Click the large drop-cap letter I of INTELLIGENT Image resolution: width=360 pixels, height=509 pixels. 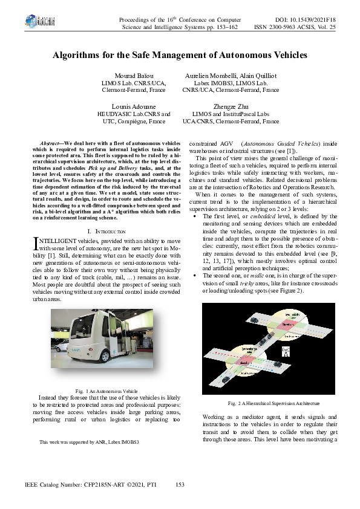pyautogui.click(x=34, y=243)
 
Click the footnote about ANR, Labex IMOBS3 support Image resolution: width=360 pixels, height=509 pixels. pyautogui.click(x=89, y=443)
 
